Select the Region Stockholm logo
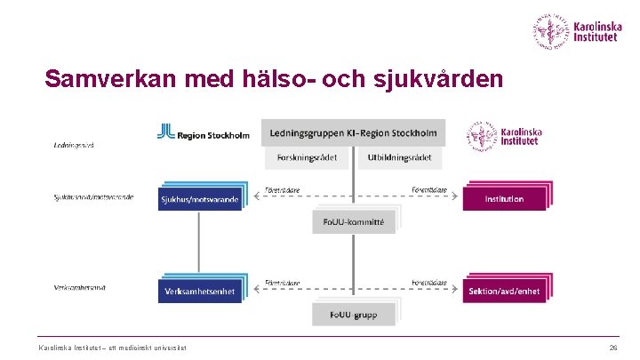point(203,134)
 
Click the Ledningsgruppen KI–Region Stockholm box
point(354,133)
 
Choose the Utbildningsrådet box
point(400,157)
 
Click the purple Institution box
point(504,199)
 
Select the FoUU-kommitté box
point(354,221)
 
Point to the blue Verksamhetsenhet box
point(199,291)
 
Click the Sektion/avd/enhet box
point(504,291)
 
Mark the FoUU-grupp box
point(354,314)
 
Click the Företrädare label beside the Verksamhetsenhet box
point(282,283)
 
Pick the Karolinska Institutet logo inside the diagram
point(504,136)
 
